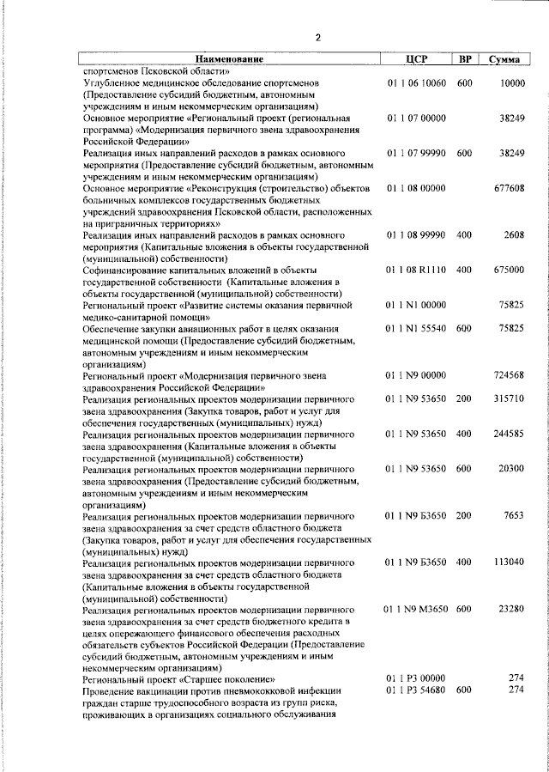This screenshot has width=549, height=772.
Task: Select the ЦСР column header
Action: (416, 59)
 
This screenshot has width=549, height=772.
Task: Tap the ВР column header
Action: (464, 59)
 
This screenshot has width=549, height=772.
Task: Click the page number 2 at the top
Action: (317, 37)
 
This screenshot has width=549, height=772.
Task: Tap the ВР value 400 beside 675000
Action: (464, 270)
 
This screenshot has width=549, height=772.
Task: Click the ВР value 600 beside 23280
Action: (464, 609)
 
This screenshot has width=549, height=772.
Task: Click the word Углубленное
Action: (114, 82)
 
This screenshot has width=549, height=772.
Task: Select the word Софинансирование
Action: (127, 270)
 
